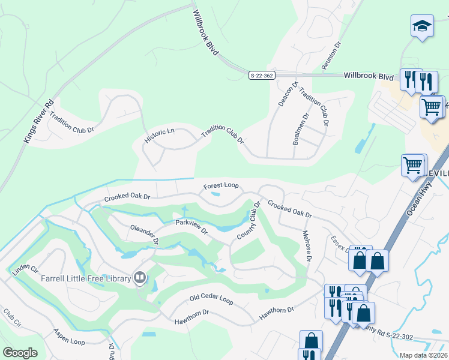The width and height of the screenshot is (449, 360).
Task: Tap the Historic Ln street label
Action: click(x=159, y=135)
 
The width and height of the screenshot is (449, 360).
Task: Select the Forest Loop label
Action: click(x=221, y=186)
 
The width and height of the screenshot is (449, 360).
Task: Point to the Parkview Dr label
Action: click(x=191, y=226)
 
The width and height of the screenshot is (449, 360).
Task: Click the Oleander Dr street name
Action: click(x=144, y=235)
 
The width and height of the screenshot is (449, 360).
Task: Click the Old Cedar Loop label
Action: click(x=211, y=298)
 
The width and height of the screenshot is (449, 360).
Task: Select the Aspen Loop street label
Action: click(x=69, y=337)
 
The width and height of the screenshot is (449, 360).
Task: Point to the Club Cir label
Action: click(x=11, y=318)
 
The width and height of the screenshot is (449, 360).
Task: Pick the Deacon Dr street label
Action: click(x=287, y=95)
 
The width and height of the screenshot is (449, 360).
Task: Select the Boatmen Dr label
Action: click(x=300, y=129)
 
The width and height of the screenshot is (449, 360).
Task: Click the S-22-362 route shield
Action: click(x=262, y=75)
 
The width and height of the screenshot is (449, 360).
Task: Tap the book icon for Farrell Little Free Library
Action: click(x=139, y=277)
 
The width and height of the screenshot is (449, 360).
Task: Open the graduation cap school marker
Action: click(x=422, y=26)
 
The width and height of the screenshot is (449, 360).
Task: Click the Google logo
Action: click(x=20, y=352)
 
